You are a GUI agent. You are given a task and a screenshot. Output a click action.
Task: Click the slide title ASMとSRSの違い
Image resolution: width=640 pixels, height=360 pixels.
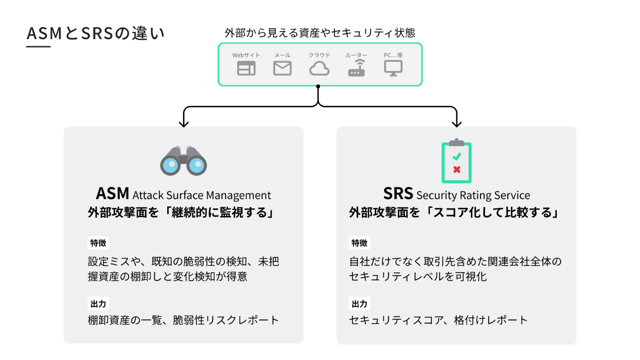point(95,34)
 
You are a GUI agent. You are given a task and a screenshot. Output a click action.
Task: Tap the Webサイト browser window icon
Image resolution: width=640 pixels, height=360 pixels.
point(246,68)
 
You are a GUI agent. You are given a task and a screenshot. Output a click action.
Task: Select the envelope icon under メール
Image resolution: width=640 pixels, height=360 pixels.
point(282,68)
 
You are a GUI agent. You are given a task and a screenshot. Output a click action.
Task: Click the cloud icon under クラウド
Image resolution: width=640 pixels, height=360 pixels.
point(319,68)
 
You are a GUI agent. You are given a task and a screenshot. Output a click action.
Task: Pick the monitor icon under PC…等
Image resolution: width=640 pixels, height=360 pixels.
point(393,68)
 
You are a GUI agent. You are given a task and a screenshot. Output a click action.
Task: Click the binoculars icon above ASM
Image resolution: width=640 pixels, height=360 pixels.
point(183,161)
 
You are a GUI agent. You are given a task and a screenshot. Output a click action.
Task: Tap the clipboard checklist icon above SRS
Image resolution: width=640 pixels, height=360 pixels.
point(456,161)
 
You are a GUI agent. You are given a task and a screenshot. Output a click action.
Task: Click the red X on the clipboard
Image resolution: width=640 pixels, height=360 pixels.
point(456,170)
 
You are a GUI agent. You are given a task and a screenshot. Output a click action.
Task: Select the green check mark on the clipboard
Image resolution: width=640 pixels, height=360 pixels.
point(456,157)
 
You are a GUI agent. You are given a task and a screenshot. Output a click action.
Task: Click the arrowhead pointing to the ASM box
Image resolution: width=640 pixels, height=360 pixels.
point(184,123)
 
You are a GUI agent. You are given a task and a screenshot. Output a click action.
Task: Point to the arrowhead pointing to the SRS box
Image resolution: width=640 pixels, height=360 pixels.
point(456,123)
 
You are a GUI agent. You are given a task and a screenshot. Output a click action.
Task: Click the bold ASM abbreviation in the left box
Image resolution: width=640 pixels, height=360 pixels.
point(113,194)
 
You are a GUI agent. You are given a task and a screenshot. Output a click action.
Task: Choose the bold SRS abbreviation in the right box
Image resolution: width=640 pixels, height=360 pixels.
point(398,194)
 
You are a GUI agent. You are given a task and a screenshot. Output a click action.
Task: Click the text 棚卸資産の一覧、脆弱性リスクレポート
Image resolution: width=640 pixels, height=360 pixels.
point(183,320)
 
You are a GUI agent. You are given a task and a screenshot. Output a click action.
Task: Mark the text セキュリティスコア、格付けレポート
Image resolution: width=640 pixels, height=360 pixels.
point(438,320)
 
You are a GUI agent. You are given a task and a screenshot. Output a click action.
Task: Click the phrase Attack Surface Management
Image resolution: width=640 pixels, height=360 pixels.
point(202,195)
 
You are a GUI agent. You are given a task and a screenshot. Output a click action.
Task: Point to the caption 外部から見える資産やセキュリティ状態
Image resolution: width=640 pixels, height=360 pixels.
point(320,33)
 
